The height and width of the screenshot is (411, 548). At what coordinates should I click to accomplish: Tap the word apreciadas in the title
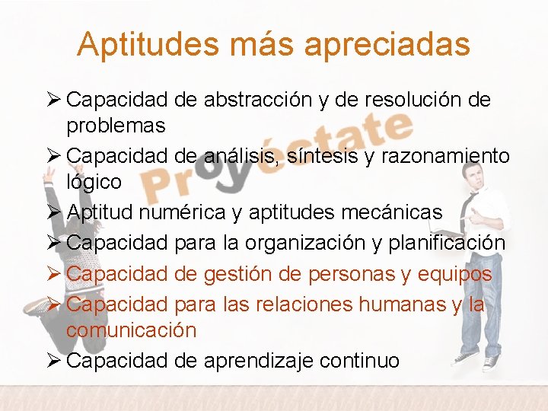(x=387, y=44)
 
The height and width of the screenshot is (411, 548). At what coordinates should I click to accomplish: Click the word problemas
(x=116, y=126)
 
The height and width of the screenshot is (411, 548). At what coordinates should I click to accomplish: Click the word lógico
(x=94, y=182)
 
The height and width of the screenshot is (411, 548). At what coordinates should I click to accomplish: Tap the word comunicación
(x=131, y=330)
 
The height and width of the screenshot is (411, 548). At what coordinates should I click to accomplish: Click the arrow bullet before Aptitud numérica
(x=55, y=212)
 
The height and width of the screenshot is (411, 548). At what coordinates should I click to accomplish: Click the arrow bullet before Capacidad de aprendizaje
(x=55, y=360)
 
